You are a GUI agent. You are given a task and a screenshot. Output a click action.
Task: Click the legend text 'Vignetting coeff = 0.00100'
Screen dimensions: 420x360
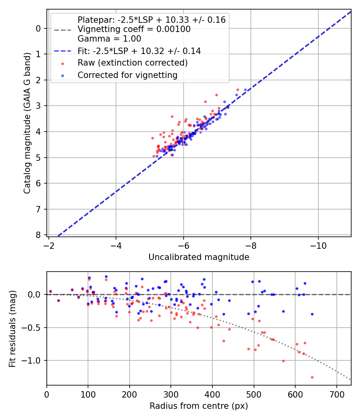click(x=134, y=29)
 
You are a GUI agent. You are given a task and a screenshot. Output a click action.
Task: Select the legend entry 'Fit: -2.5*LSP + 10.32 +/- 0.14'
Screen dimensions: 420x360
click(x=139, y=51)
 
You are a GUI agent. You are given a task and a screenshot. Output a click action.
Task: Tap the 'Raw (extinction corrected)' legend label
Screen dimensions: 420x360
click(x=132, y=63)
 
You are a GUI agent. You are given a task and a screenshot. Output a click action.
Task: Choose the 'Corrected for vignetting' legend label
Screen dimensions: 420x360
click(x=127, y=75)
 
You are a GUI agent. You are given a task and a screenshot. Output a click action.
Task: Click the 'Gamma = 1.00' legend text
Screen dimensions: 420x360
click(x=109, y=39)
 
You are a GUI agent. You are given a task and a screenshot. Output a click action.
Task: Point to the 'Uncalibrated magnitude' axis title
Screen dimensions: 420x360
click(x=199, y=257)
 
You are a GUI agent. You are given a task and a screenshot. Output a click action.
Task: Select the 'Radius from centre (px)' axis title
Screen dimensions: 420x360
click(x=199, y=406)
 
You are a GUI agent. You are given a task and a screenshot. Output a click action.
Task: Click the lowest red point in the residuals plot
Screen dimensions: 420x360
click(x=312, y=377)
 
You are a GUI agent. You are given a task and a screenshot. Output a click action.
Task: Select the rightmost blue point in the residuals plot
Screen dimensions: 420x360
click(x=312, y=314)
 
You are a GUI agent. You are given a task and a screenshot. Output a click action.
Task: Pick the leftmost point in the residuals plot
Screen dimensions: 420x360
click(x=50, y=292)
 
